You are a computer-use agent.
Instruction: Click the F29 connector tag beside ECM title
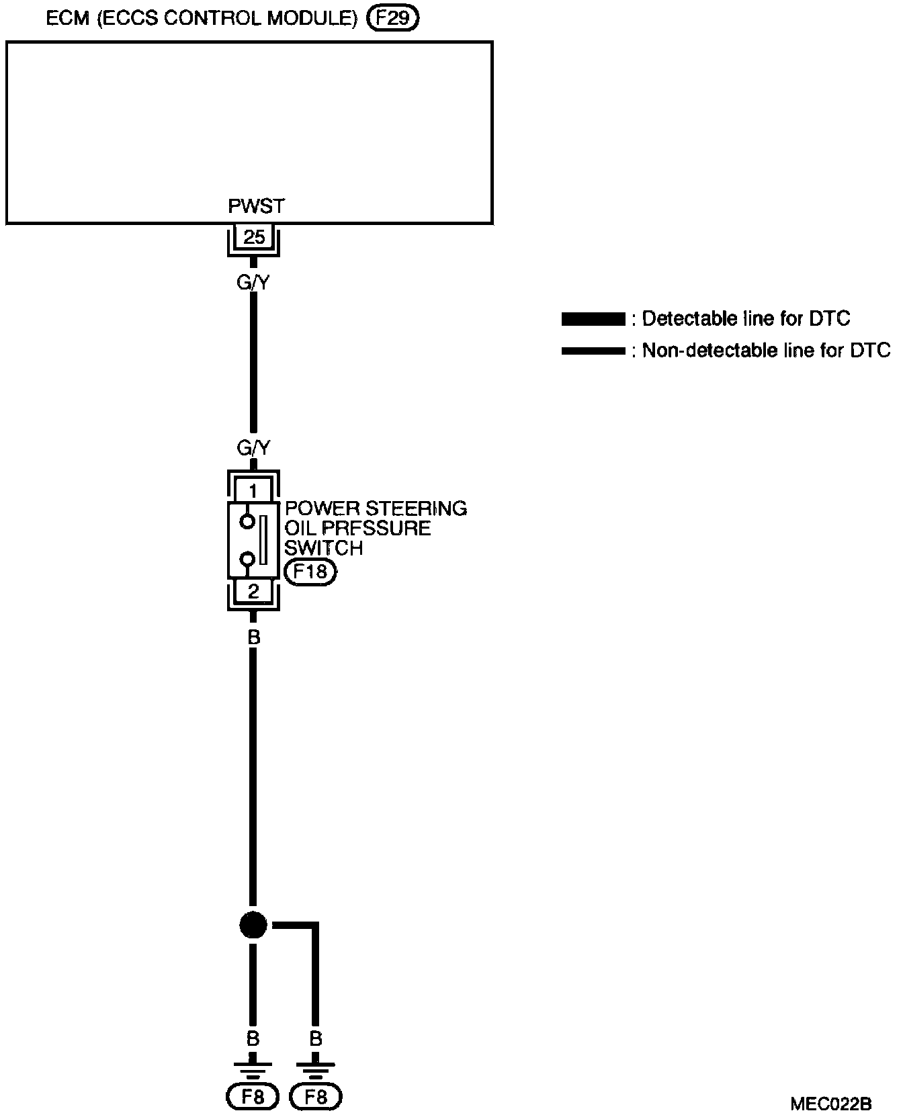[392, 18]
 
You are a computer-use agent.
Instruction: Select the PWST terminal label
[255, 207]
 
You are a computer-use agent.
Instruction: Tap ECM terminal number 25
[254, 236]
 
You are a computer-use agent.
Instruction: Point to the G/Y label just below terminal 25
[253, 283]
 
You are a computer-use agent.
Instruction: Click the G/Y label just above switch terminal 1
[253, 448]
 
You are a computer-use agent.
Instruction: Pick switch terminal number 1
[253, 491]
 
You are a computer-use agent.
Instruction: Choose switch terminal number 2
[253, 592]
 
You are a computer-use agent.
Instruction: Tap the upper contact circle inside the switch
[247, 521]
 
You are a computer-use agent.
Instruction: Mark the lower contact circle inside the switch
[247, 559]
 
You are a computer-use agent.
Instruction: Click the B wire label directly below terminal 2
[253, 637]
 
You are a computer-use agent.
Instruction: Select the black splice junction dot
[253, 926]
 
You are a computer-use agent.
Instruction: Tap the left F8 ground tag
[253, 1098]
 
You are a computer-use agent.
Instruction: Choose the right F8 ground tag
[316, 1098]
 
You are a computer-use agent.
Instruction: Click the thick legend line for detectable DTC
[593, 319]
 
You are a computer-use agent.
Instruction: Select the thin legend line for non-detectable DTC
[593, 351]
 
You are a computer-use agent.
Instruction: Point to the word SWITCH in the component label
[323, 548]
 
